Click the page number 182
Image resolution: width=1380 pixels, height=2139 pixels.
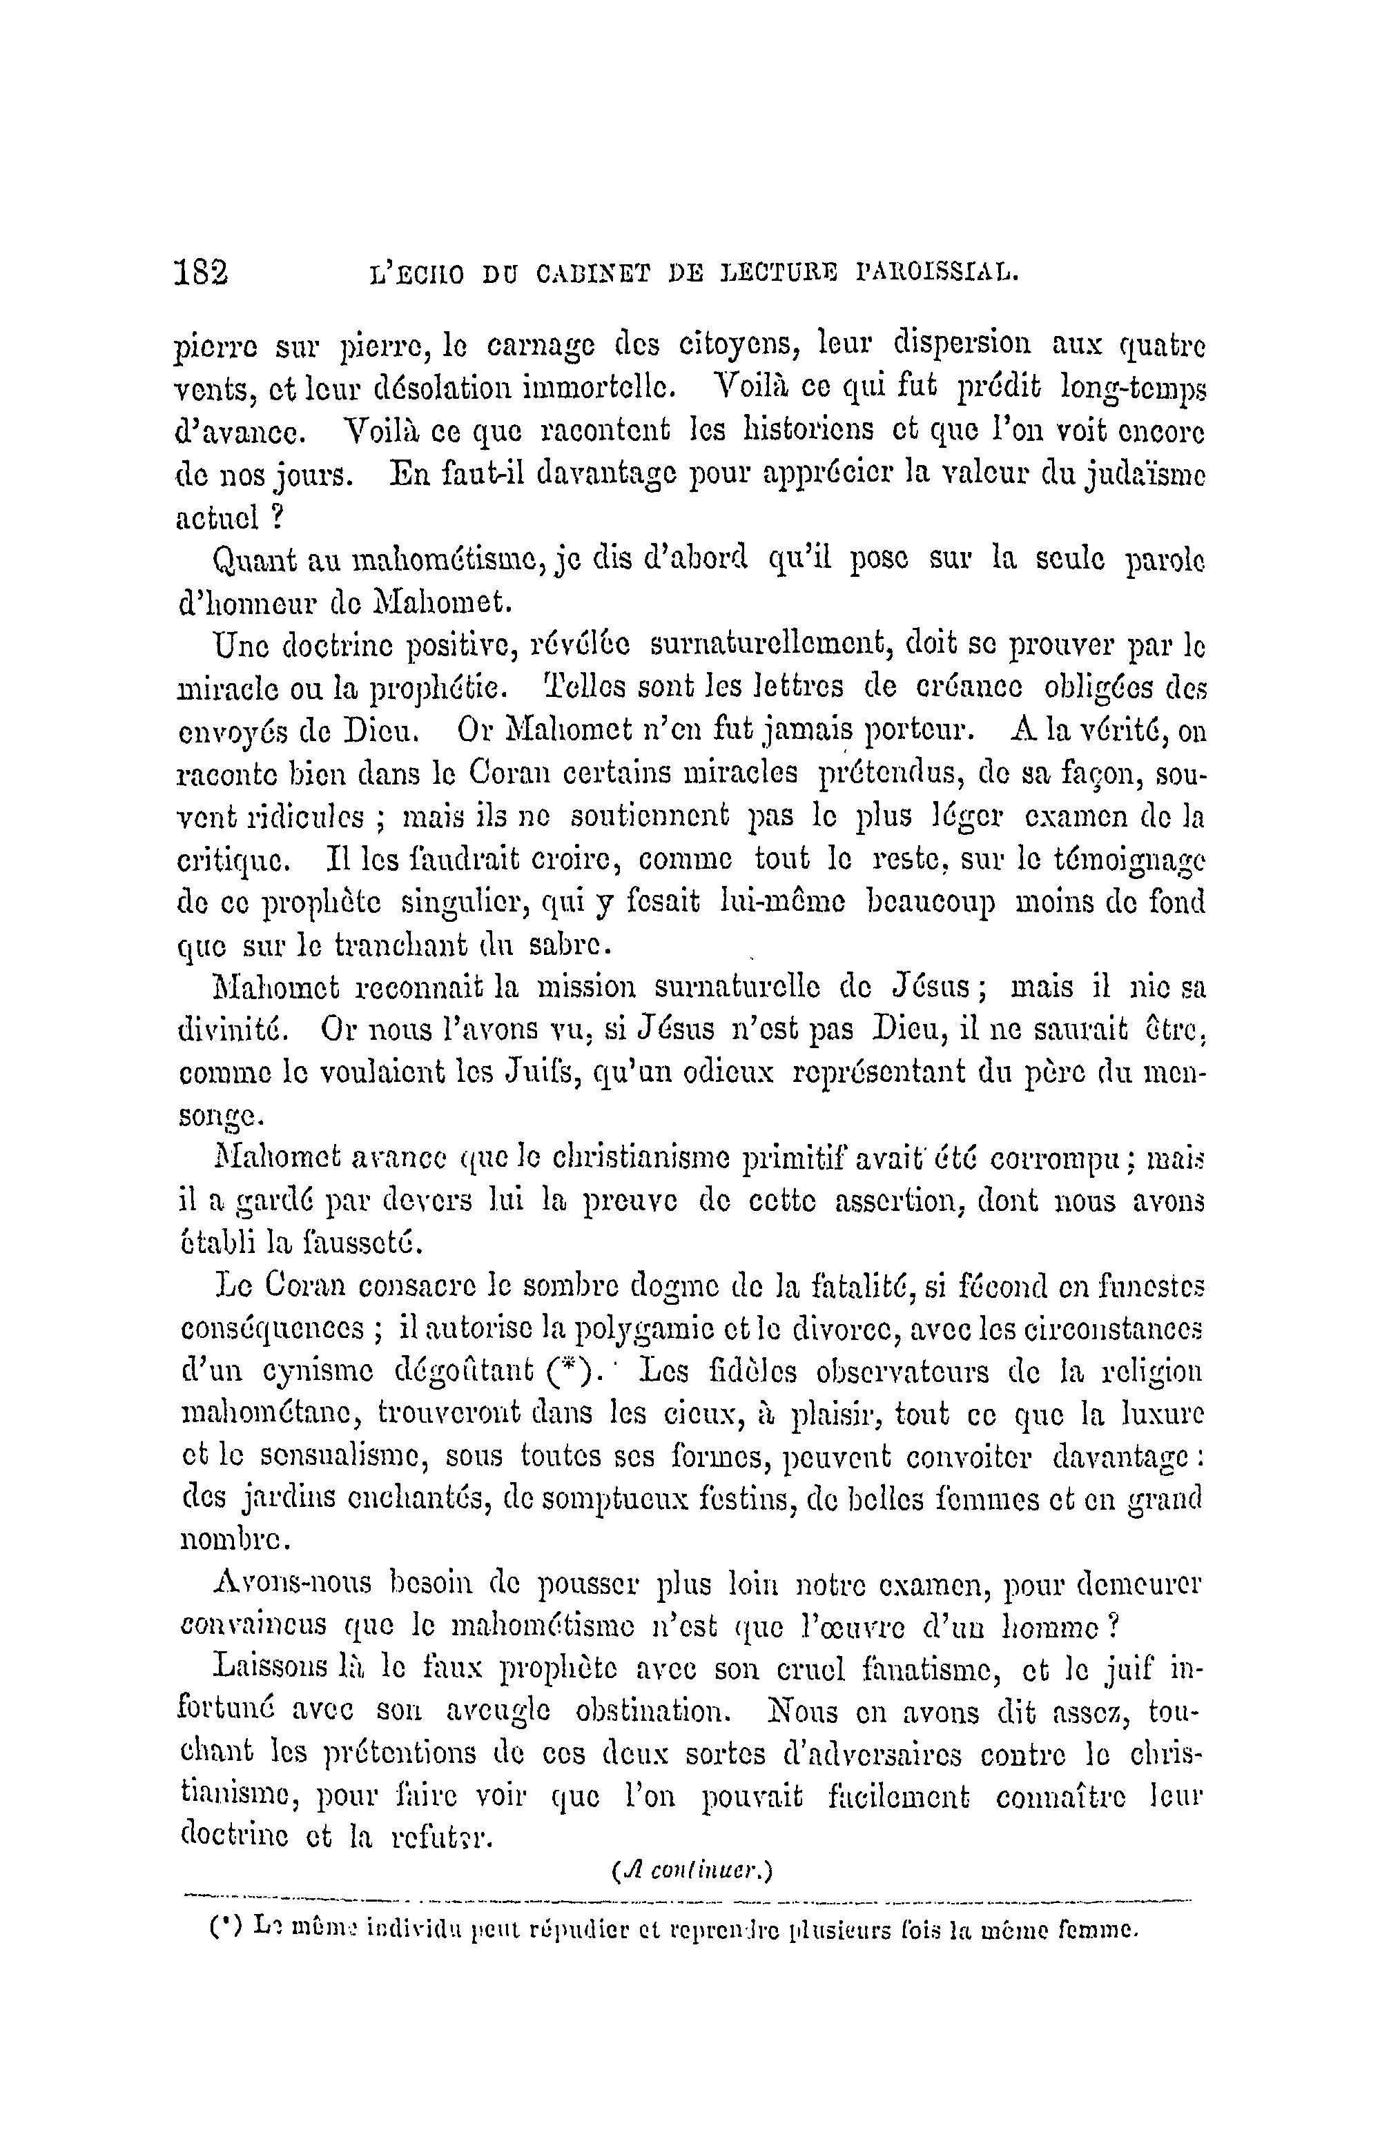pyautogui.click(x=202, y=270)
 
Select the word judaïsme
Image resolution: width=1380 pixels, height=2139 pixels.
pyautogui.click(x=1145, y=475)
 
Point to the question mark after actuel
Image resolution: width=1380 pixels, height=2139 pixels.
pyautogui.click(x=278, y=517)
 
